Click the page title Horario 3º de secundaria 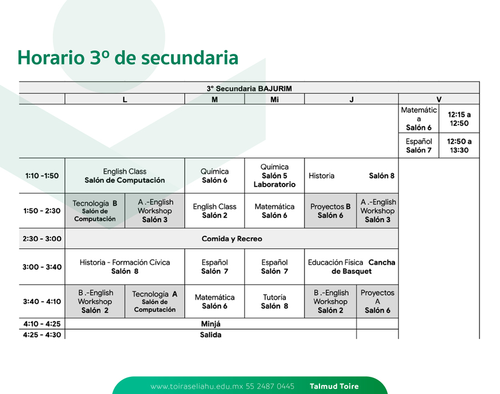coord(128,58)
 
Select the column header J coord(352,99)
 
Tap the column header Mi coord(274,99)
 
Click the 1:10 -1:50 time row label coord(42,176)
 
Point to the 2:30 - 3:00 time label coord(42,239)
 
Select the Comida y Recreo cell coord(232,239)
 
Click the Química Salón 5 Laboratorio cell coord(274,175)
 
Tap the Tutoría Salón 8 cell coord(274,302)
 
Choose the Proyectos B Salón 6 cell coord(331,211)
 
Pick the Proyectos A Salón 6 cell coord(378,302)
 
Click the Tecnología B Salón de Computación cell coord(94,211)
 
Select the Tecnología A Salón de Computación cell coord(154,302)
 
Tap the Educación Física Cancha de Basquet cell coord(352,267)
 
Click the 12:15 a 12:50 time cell coord(459,119)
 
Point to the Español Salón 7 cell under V coord(419,145)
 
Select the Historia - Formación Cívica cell coord(124,267)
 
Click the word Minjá coord(211,324)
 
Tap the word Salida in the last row coord(211,335)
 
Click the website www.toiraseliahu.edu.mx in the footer coord(197,386)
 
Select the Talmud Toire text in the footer coord(334,386)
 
